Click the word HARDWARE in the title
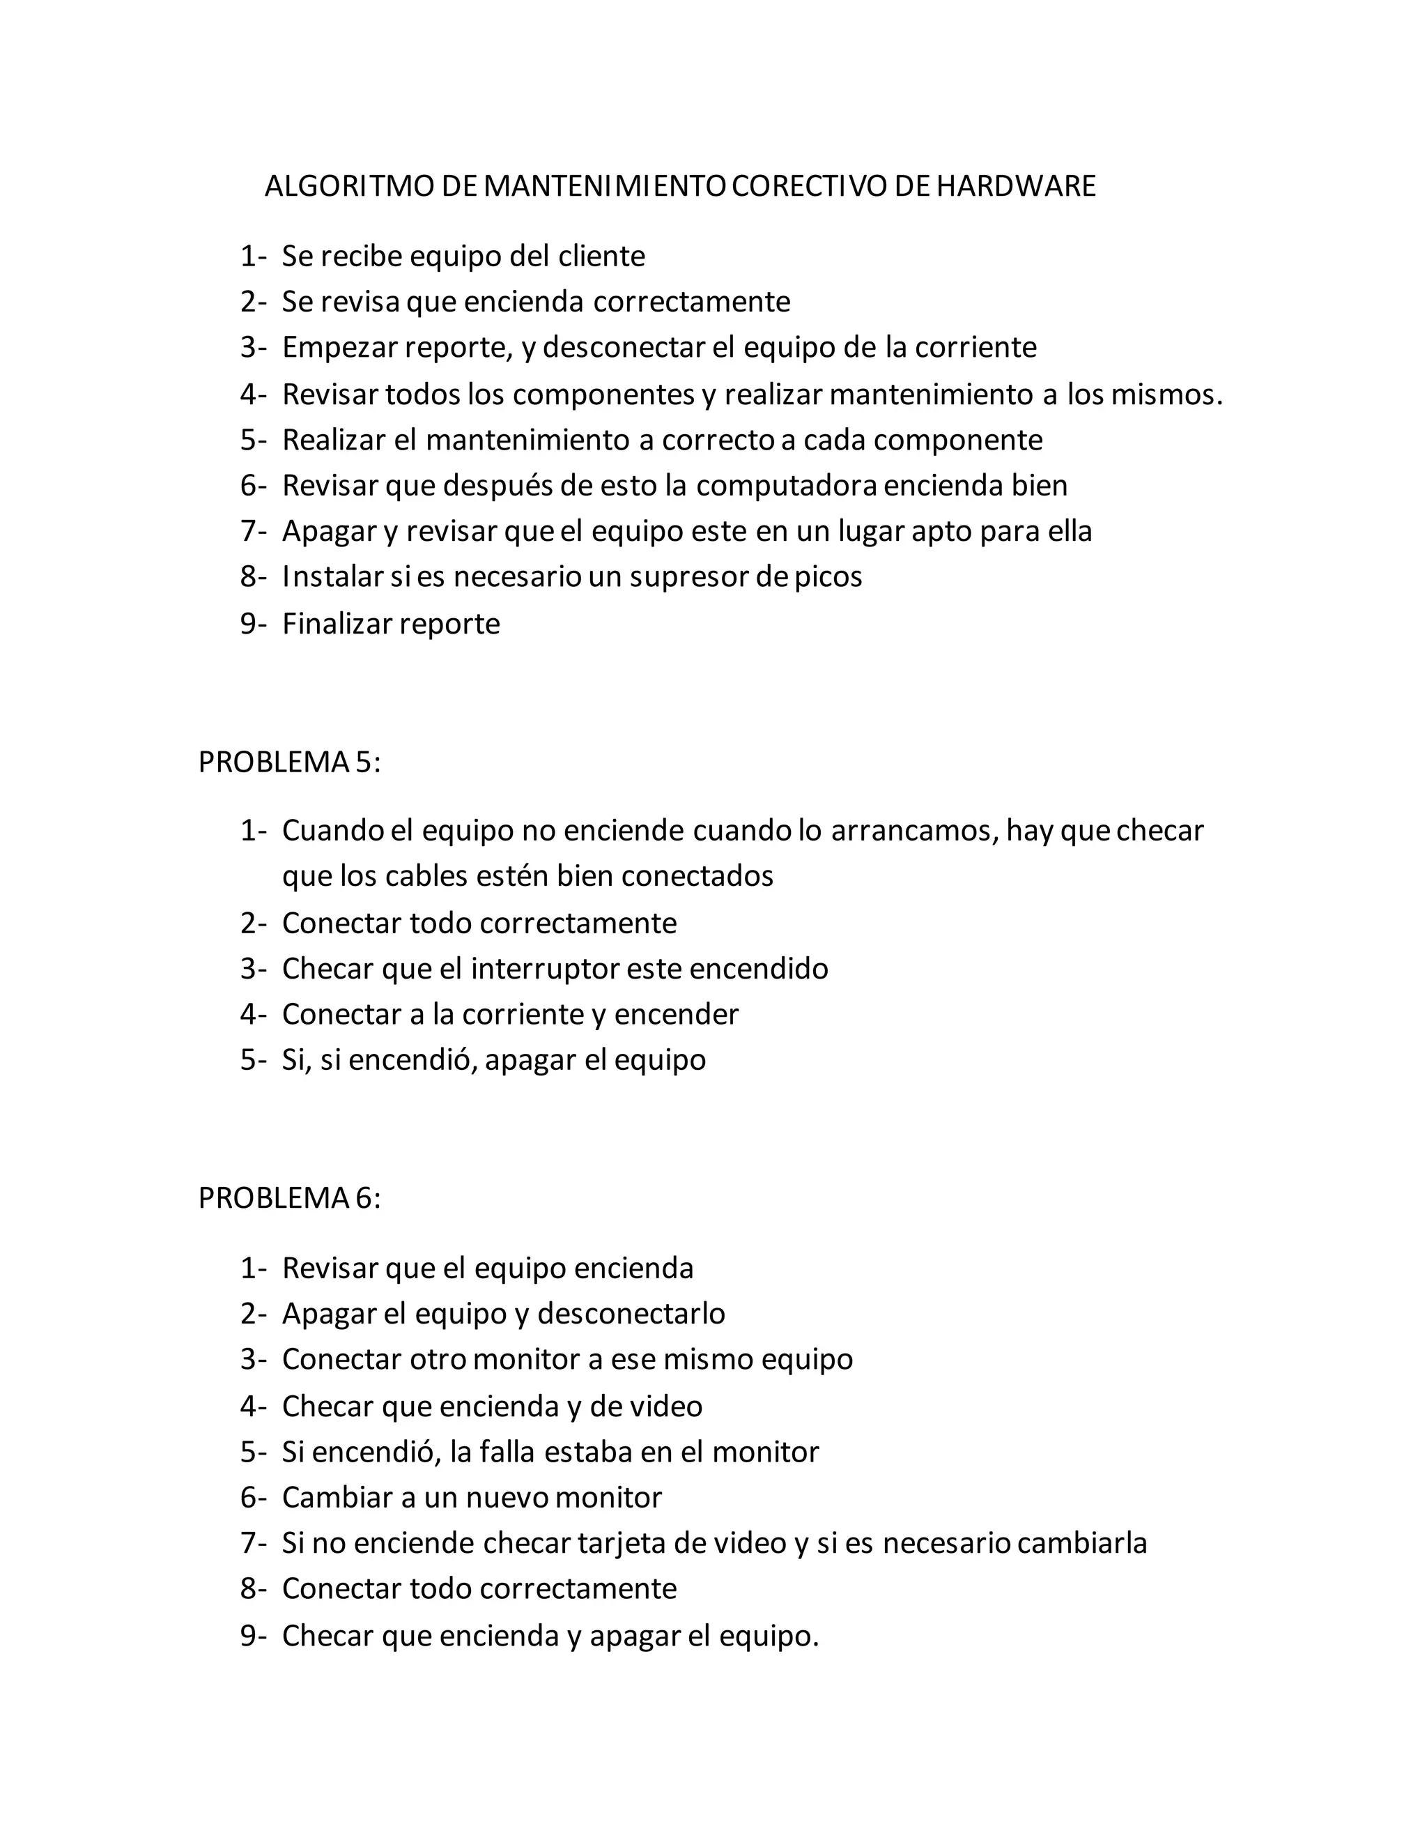click(x=1015, y=186)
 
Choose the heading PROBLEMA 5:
click(x=289, y=762)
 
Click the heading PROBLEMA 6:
click(x=289, y=1197)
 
